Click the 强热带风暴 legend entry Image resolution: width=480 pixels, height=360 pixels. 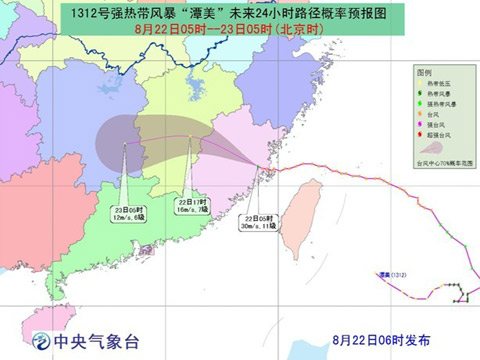(x=443, y=111)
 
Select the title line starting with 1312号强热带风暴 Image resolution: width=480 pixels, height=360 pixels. (x=216, y=14)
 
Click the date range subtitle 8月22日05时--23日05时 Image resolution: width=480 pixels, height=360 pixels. (x=216, y=32)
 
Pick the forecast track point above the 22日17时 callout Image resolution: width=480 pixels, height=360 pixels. (x=192, y=137)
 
